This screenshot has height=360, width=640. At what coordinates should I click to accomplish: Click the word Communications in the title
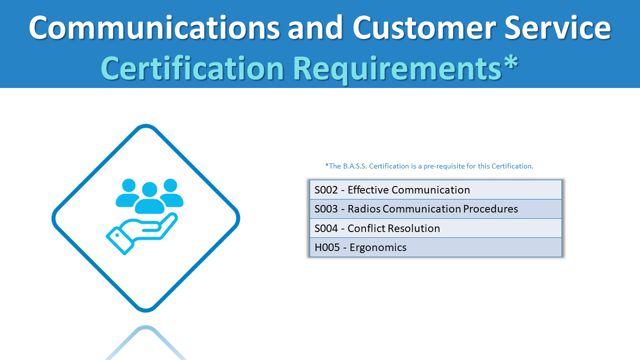coord(154,27)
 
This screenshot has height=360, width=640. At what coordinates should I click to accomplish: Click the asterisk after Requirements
coord(510,64)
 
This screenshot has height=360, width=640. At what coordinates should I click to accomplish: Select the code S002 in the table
coord(326,190)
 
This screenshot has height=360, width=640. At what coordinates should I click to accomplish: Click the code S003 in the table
coord(326,209)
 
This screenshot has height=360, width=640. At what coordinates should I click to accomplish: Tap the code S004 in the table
coord(326,228)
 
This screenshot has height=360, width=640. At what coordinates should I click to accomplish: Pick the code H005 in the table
coord(326,247)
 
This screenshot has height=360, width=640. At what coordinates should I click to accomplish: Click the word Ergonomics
coord(378,247)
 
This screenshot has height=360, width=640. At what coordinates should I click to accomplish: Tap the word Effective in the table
coord(368,190)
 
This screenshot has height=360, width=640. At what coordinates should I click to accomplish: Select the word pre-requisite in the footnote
coord(445,166)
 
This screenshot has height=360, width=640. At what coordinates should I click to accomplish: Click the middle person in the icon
coord(149,197)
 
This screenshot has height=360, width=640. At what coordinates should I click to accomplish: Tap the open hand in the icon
coord(142,232)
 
